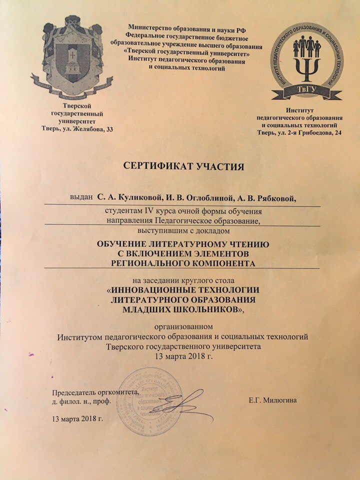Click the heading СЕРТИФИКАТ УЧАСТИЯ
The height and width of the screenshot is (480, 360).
coord(179,166)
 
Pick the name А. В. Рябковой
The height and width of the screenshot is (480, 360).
coord(266,199)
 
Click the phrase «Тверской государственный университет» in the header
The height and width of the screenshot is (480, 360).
coord(180,53)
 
